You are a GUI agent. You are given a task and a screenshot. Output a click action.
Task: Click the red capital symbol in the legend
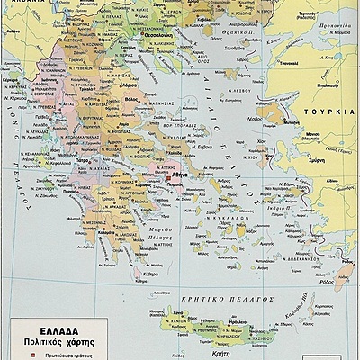pos(19,354)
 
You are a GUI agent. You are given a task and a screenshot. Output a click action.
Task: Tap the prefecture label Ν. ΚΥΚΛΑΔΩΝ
pos(240,206)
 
